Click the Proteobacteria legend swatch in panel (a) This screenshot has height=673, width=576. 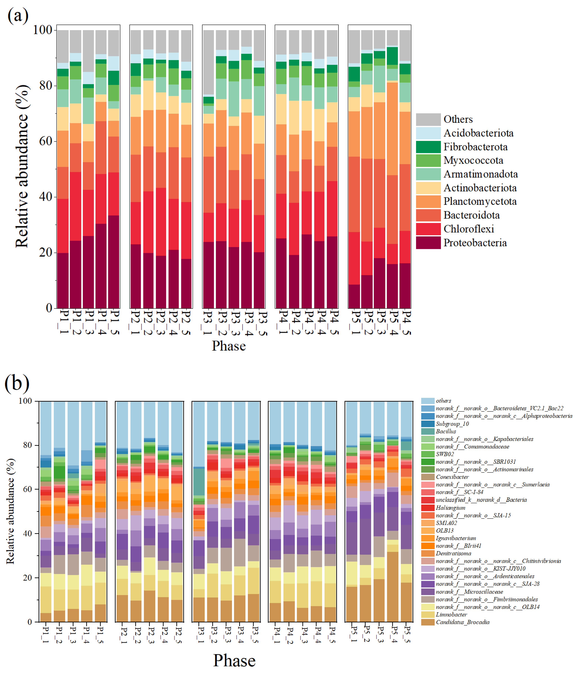coord(428,243)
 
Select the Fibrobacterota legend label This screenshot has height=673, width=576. coord(475,147)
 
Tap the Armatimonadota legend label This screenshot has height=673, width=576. coord(480,174)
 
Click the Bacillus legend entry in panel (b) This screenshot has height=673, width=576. coord(446,431)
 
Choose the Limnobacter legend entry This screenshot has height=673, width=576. coord(451,615)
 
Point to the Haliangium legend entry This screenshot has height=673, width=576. coord(450,508)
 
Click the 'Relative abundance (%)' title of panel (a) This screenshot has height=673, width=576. coord(22,166)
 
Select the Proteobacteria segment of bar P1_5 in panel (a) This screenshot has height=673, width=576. coord(114,262)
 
